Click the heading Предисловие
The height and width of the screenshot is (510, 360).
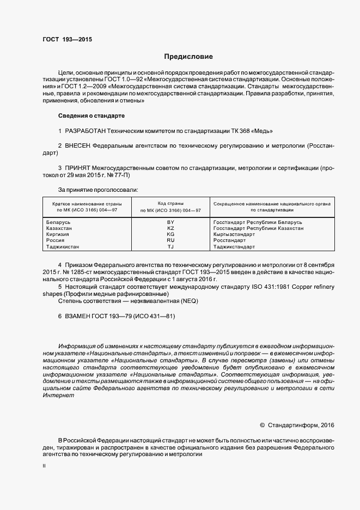188,57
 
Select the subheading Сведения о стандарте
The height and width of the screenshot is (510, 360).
91,116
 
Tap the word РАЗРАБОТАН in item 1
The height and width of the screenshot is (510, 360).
86,131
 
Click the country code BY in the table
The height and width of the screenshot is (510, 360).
170,222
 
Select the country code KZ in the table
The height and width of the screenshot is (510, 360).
170,228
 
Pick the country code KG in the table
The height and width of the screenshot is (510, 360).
170,234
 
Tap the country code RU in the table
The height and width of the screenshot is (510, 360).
170,240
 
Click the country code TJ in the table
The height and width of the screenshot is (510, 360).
170,246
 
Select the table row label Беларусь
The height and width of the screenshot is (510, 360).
59,222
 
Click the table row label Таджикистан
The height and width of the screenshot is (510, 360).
63,246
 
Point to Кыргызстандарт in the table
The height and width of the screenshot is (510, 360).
234,234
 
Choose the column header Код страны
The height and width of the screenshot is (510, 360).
170,203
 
